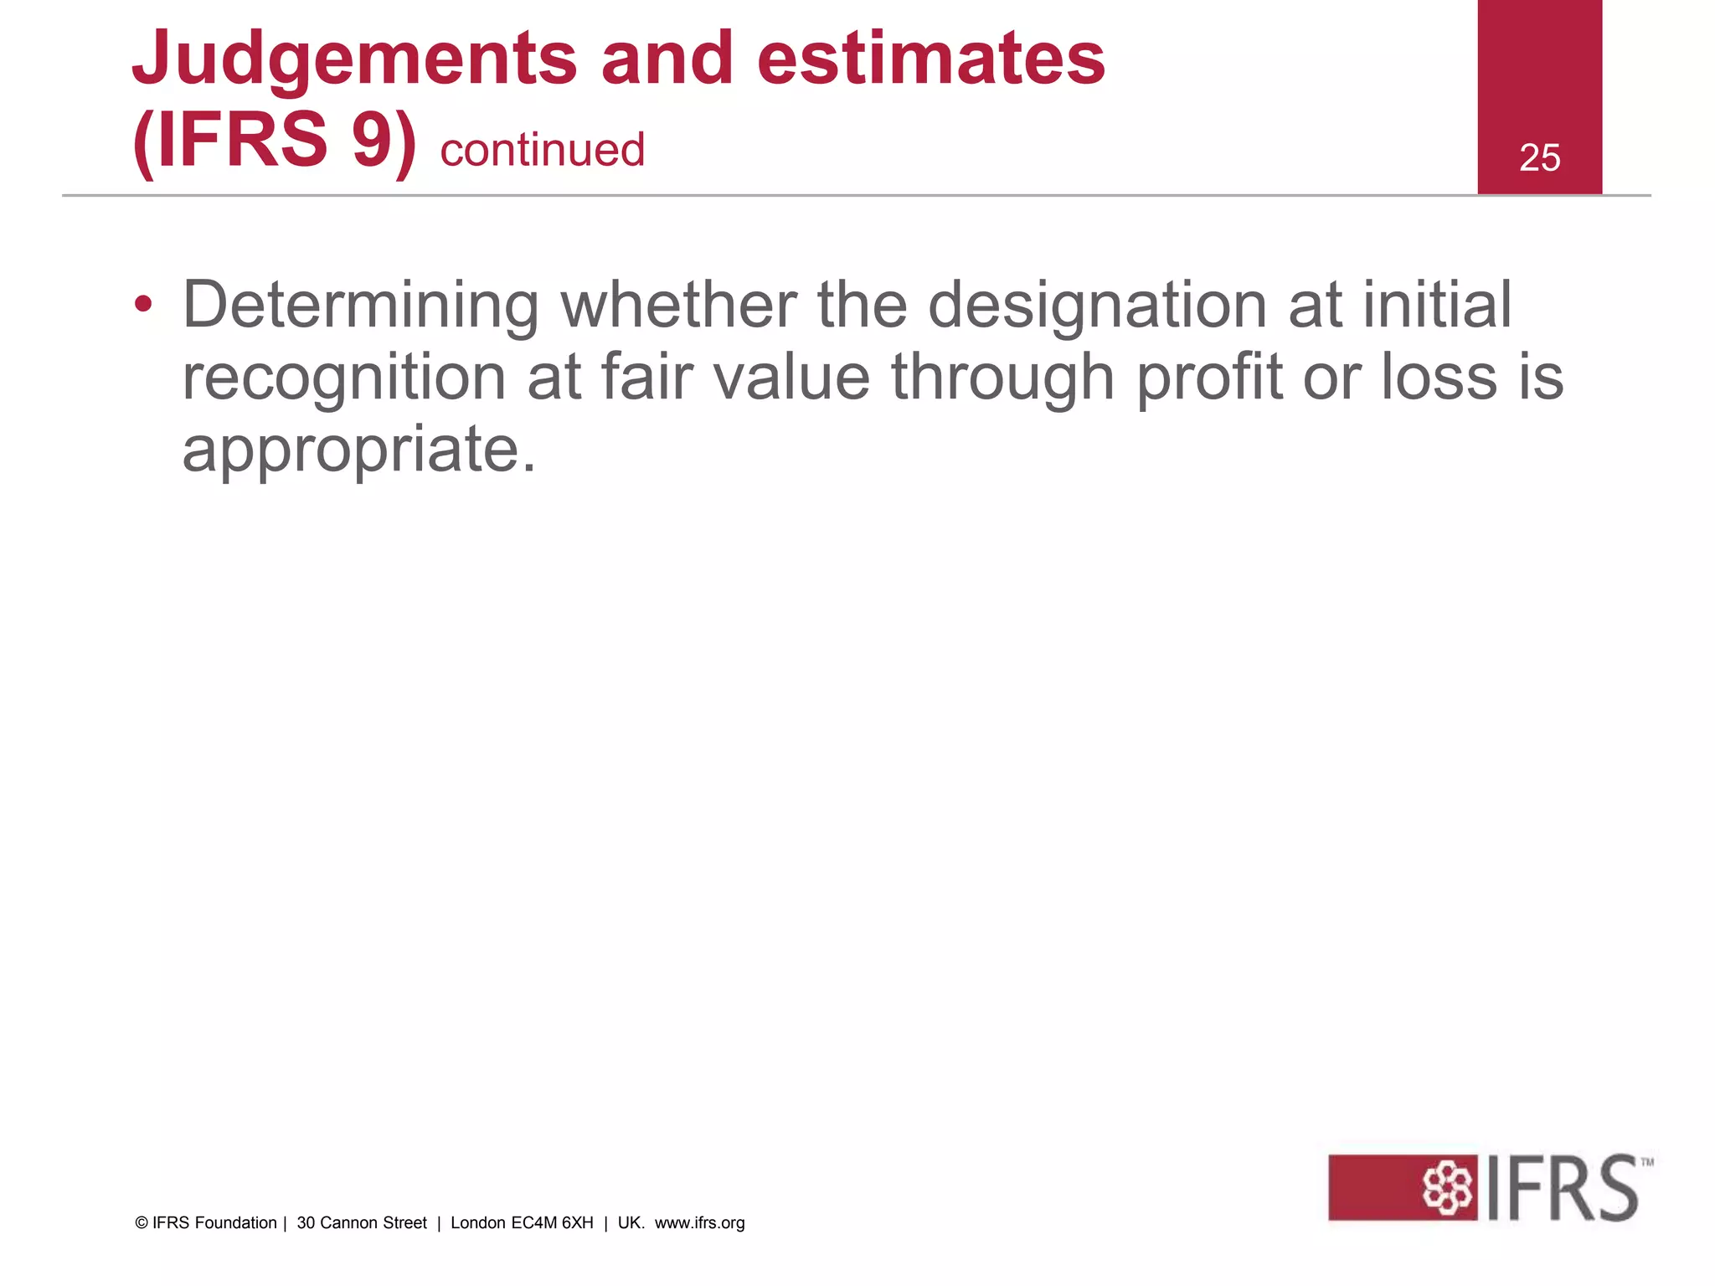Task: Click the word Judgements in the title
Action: click(354, 59)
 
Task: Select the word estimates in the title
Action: click(930, 59)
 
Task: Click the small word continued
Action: click(543, 151)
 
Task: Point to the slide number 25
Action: click(1539, 157)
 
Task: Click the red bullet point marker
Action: click(143, 305)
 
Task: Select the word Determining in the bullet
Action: click(361, 306)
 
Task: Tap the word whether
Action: click(678, 305)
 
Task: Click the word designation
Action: click(1098, 306)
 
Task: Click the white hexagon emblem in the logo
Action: click(1446, 1187)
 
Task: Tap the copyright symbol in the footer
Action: click(142, 1223)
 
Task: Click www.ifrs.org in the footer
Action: click(699, 1223)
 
